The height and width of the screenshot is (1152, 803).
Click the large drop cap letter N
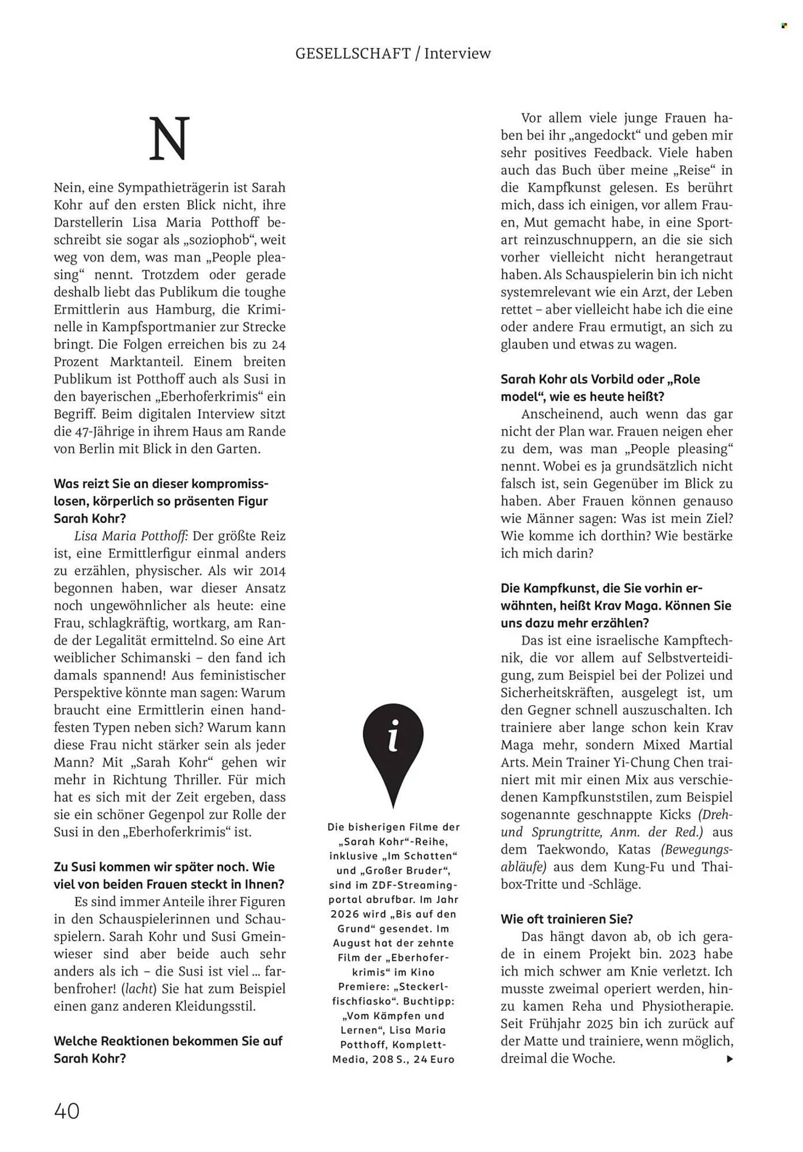click(169, 139)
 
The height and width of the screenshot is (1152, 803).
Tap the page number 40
click(67, 1111)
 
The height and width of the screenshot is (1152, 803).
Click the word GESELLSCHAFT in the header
click(352, 54)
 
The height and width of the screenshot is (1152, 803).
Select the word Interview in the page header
click(458, 54)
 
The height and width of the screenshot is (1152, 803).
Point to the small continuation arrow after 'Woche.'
click(730, 1059)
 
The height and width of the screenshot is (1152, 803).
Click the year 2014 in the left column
click(273, 571)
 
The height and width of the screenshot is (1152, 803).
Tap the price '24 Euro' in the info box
click(434, 1059)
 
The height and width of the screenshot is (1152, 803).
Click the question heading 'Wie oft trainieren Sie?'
click(567, 919)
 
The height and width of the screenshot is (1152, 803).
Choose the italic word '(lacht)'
click(138, 989)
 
